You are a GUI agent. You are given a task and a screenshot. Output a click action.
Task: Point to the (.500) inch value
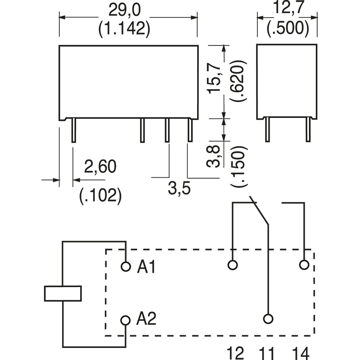(x=287, y=29)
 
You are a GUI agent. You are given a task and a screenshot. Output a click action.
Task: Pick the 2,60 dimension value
(x=100, y=166)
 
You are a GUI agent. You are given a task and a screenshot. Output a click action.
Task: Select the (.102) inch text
(x=100, y=195)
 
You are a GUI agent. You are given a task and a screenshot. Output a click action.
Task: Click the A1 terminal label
(x=146, y=267)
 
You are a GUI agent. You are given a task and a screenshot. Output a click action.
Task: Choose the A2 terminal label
(x=146, y=319)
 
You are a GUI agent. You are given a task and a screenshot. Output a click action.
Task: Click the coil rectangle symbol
(x=63, y=293)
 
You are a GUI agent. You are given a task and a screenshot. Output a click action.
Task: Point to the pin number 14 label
(x=301, y=352)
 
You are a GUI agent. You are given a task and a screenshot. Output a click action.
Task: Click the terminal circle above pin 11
(x=268, y=319)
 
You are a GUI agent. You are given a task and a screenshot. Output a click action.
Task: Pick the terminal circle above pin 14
(x=304, y=265)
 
